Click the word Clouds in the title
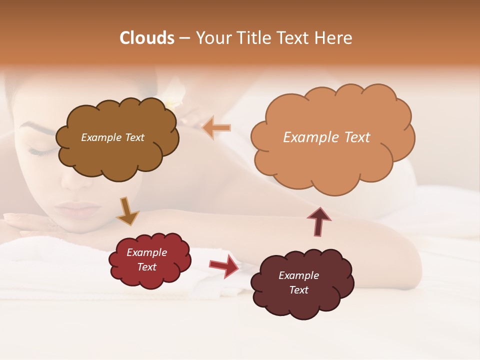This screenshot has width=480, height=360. pos(147,38)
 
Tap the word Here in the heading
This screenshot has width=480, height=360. pos(335,38)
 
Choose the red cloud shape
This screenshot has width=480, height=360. pos(150,277)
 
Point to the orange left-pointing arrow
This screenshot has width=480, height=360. pos(217,128)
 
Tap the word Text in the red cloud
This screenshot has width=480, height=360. pos(146,267)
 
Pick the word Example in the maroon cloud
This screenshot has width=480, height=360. pos(298,275)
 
